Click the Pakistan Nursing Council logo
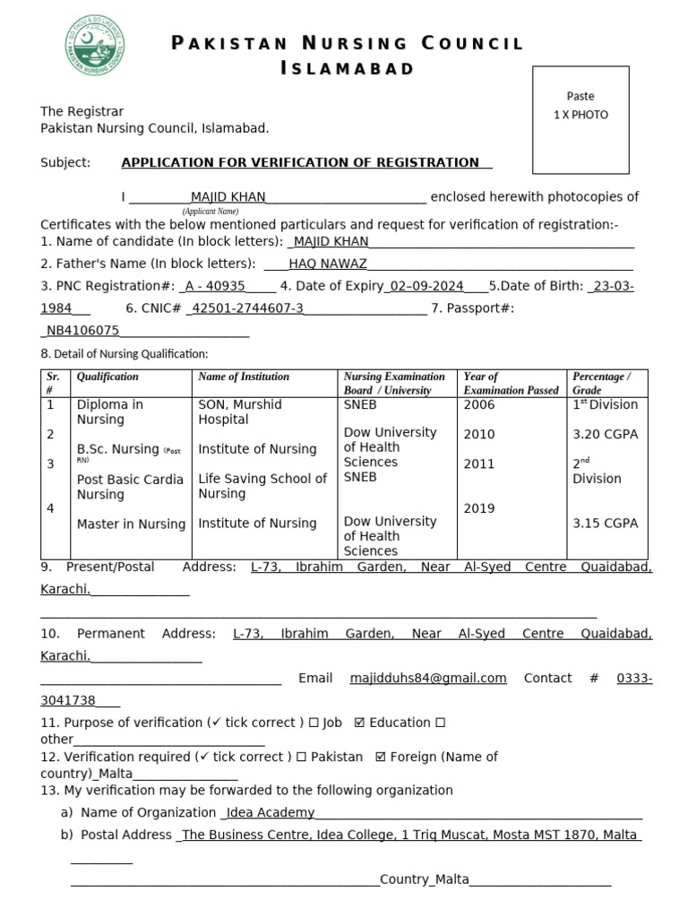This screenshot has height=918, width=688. tap(94, 45)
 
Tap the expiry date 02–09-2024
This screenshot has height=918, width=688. tap(426, 286)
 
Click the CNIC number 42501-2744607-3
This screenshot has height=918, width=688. tap(248, 308)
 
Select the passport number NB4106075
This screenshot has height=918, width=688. tap(82, 331)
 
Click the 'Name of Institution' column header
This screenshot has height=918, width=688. tap(244, 377)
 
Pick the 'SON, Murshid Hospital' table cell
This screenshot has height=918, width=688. tap(240, 411)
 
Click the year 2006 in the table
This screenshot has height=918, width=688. tap(479, 404)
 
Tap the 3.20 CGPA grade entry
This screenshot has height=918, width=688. tap(605, 434)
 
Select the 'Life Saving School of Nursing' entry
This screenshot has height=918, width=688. tap(262, 486)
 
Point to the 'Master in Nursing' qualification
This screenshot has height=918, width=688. tap(131, 524)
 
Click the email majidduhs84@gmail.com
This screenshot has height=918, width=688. tap(428, 678)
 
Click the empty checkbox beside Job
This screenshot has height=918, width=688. tap(313, 723)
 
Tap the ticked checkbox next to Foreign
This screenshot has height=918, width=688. tap(381, 757)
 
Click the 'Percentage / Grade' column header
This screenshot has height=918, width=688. tap(601, 383)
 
